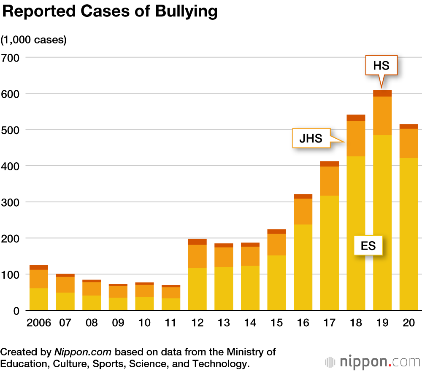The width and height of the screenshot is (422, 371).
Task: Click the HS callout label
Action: [381, 65]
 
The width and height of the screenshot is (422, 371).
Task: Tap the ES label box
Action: [368, 245]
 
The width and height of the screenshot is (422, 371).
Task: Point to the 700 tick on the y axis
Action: [11, 57]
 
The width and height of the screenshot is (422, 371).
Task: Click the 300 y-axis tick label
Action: [11, 202]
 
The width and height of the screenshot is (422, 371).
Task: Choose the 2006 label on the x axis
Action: [38, 323]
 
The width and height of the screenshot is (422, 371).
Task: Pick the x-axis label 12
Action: [197, 323]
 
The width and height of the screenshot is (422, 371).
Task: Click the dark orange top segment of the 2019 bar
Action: [382, 93]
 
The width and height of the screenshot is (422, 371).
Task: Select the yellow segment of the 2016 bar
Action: [303, 267]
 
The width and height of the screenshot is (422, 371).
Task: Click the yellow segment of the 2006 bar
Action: [38, 299]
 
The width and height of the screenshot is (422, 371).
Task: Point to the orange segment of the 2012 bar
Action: [197, 256]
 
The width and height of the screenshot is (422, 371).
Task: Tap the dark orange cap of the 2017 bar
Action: [329, 164]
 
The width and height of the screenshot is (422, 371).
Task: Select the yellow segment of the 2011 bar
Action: [170, 304]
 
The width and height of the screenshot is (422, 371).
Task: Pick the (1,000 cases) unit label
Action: [34, 40]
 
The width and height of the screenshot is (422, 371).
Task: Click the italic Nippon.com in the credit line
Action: [83, 352]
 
